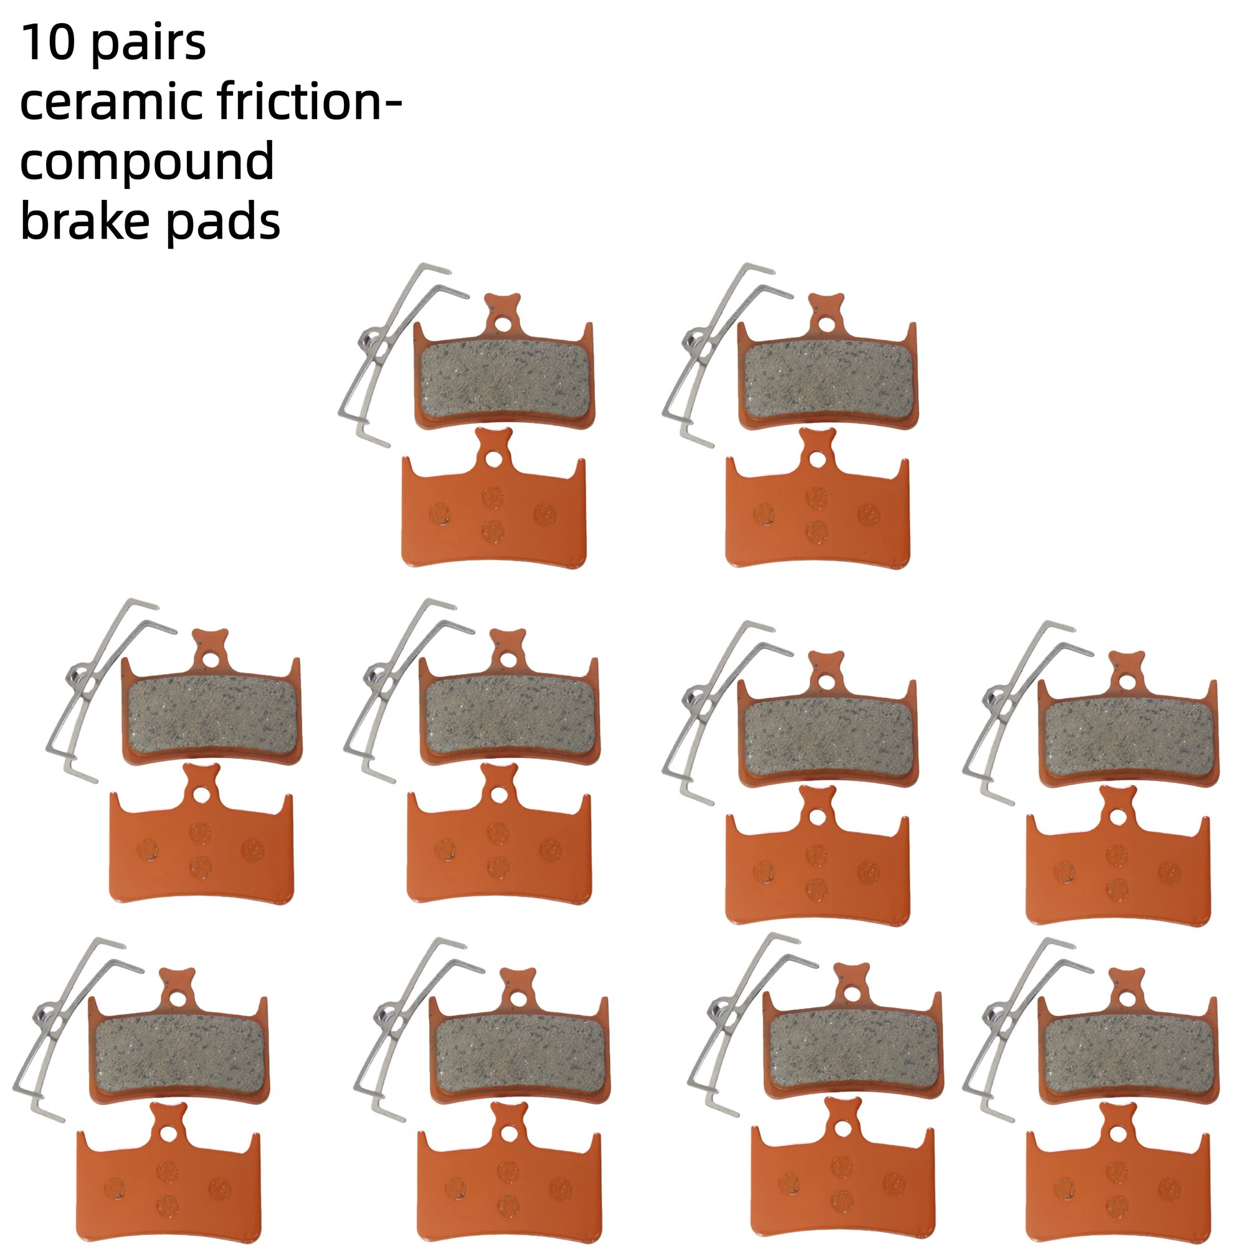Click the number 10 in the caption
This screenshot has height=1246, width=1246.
click(49, 43)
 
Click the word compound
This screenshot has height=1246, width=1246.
click(148, 163)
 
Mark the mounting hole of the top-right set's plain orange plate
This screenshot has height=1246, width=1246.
click(819, 459)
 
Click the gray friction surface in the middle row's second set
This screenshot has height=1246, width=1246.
click(509, 719)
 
